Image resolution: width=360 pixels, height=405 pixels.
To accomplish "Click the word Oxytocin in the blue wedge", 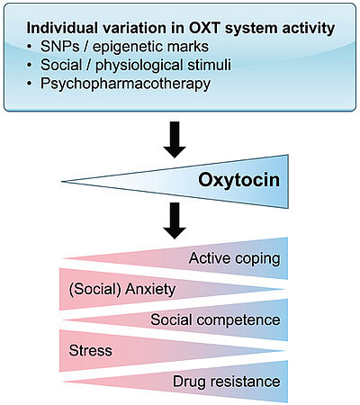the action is pyautogui.click(x=238, y=181).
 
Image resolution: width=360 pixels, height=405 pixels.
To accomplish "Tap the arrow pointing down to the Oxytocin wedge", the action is pyautogui.click(x=175, y=139).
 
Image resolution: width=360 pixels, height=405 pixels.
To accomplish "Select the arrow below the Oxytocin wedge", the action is pyautogui.click(x=175, y=220).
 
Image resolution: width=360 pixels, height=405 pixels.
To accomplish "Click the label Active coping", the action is pyautogui.click(x=235, y=259).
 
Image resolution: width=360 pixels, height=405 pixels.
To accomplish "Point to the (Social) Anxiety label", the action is pyautogui.click(x=122, y=290).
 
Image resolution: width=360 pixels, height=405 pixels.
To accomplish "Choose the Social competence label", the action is pyautogui.click(x=215, y=319).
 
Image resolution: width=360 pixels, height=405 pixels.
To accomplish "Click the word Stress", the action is pyautogui.click(x=90, y=350).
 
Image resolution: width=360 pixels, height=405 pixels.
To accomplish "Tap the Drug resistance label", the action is pyautogui.click(x=227, y=382).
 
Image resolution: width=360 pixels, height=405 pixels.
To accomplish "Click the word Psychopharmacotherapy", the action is pyautogui.click(x=125, y=84).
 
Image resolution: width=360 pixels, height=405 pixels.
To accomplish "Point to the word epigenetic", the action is pyautogui.click(x=123, y=48).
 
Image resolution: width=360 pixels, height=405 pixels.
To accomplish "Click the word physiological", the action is pyautogui.click(x=139, y=66).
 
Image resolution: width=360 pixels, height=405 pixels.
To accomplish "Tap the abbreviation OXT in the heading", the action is pyautogui.click(x=205, y=28).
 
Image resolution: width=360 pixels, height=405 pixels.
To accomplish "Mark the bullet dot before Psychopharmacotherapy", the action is pyautogui.click(x=29, y=84).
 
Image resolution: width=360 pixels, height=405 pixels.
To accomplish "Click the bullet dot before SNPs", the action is pyautogui.click(x=29, y=47).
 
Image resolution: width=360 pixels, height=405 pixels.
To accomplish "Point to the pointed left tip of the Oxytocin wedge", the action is pyautogui.click(x=61, y=182).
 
